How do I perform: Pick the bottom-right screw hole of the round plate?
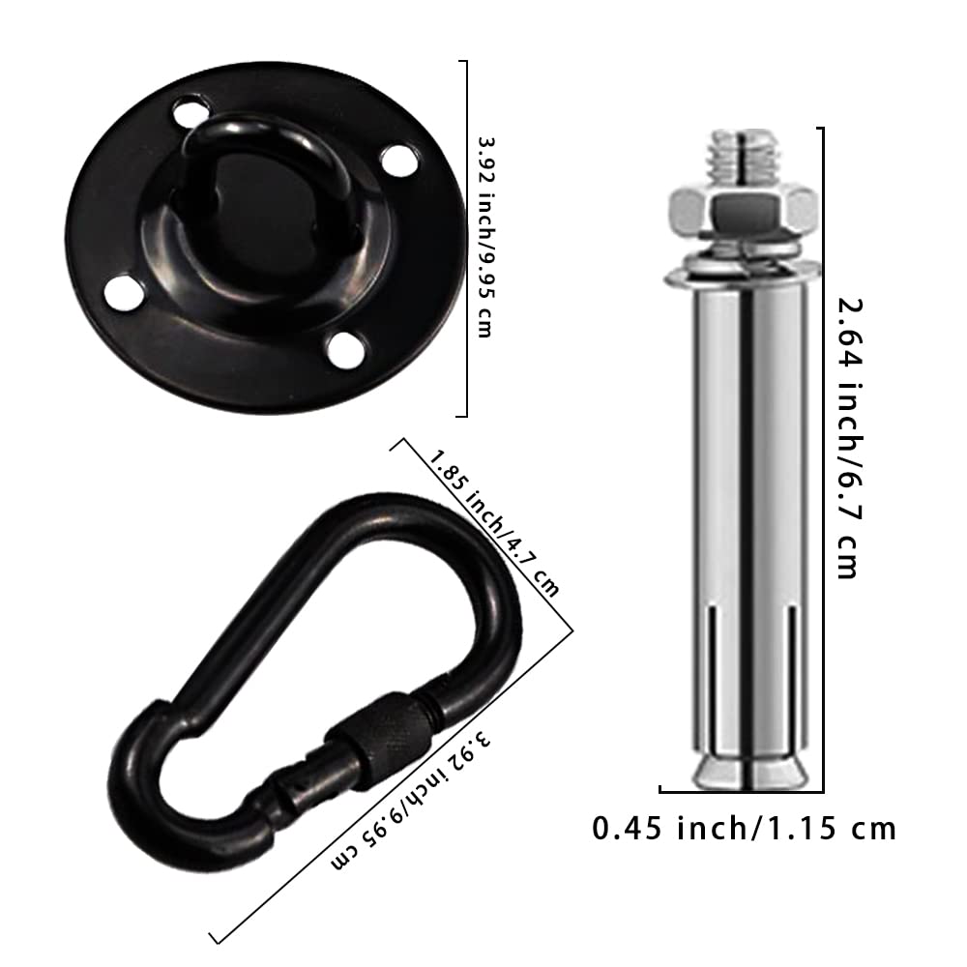[x=346, y=349]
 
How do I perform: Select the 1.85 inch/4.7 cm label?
[x=493, y=522]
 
